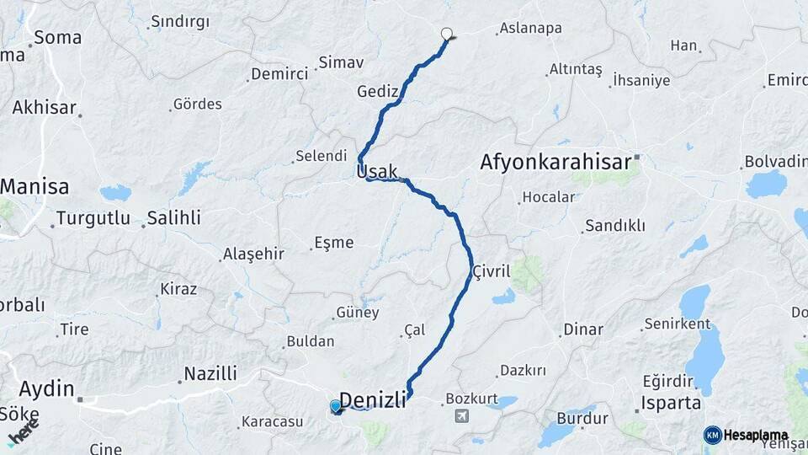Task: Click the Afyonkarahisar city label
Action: click(x=559, y=162)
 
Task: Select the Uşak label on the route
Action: click(x=377, y=172)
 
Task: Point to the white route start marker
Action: click(x=447, y=35)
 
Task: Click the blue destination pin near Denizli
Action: click(x=336, y=407)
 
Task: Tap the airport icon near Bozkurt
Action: click(x=461, y=416)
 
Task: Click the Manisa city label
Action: click(x=35, y=186)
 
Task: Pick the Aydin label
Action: click(x=45, y=388)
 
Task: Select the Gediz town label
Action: click(x=377, y=91)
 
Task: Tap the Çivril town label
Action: click(x=492, y=271)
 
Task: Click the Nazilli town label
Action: click(x=210, y=373)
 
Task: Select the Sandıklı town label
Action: click(x=615, y=225)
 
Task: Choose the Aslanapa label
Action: click(x=530, y=28)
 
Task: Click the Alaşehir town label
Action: click(x=253, y=254)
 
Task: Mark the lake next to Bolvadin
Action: click(x=765, y=184)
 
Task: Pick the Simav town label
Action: click(x=342, y=62)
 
